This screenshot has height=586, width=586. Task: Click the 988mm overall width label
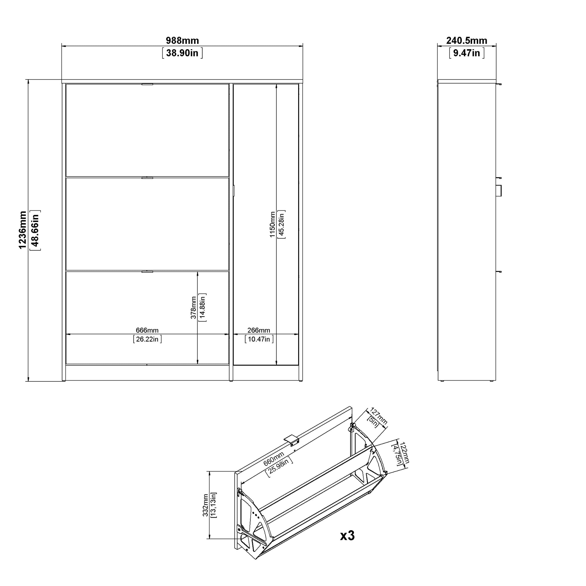[x=182, y=40]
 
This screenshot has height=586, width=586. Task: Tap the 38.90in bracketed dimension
[x=182, y=53]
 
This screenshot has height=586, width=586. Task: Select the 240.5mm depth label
[x=466, y=40]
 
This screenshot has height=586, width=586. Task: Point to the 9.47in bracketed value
[x=466, y=53]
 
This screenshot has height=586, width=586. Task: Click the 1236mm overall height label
[x=22, y=230]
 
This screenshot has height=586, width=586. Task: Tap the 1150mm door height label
[x=272, y=224]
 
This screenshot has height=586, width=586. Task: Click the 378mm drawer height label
[x=193, y=308]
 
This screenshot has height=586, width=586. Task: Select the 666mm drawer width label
[x=147, y=330]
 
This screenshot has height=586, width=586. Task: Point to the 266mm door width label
[x=259, y=330]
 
